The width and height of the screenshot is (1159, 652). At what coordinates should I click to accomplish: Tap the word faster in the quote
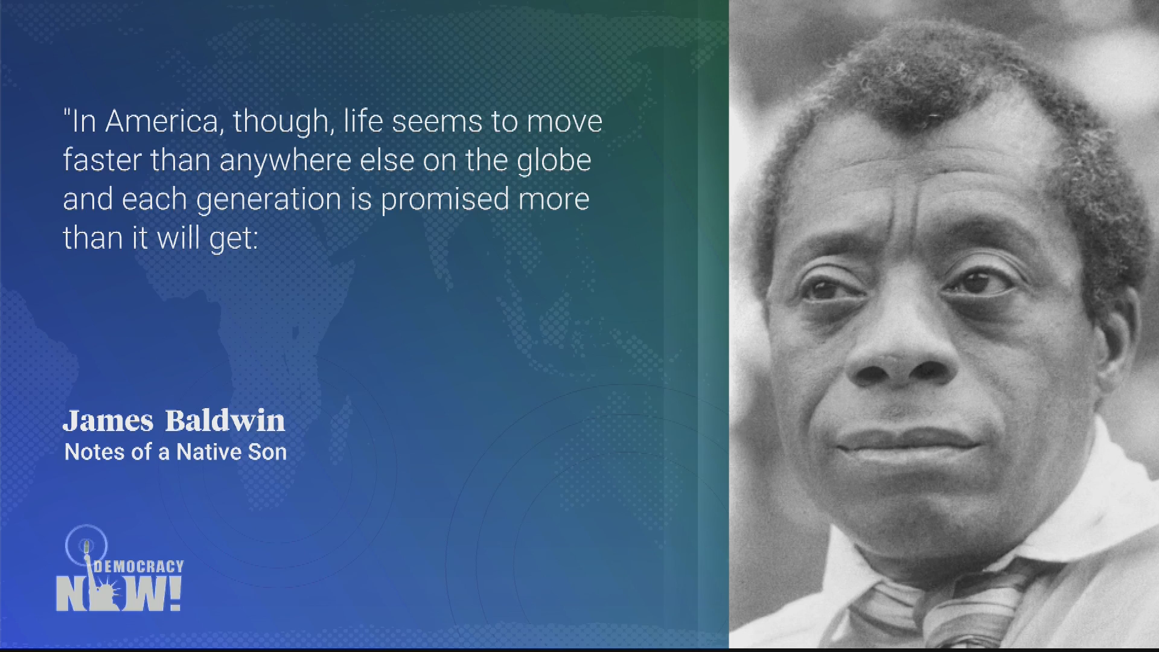(x=102, y=160)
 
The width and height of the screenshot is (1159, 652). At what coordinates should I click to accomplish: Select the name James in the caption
(x=108, y=420)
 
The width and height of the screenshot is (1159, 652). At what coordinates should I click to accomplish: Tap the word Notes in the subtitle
(x=90, y=452)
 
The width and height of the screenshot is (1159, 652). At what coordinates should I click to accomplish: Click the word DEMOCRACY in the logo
(x=139, y=566)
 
